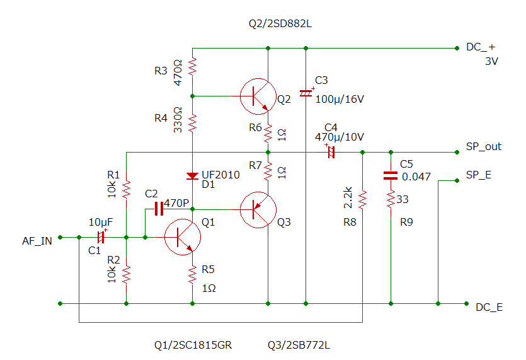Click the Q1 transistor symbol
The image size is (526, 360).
(181, 237)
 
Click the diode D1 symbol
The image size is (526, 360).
(192, 176)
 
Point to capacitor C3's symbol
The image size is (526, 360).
(306, 93)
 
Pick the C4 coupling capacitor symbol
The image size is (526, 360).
(329, 152)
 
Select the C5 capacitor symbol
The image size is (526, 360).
(391, 177)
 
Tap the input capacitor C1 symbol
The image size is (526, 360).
(101, 237)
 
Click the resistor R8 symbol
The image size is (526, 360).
(362, 200)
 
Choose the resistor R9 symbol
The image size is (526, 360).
(391, 200)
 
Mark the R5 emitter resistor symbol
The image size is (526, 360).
(192, 274)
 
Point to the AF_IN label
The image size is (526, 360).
(37, 241)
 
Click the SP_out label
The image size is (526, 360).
(483, 147)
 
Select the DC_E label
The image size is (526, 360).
(489, 308)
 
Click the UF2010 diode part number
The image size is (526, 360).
(220, 175)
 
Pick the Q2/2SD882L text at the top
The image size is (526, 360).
(280, 24)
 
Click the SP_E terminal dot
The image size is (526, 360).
(456, 180)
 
